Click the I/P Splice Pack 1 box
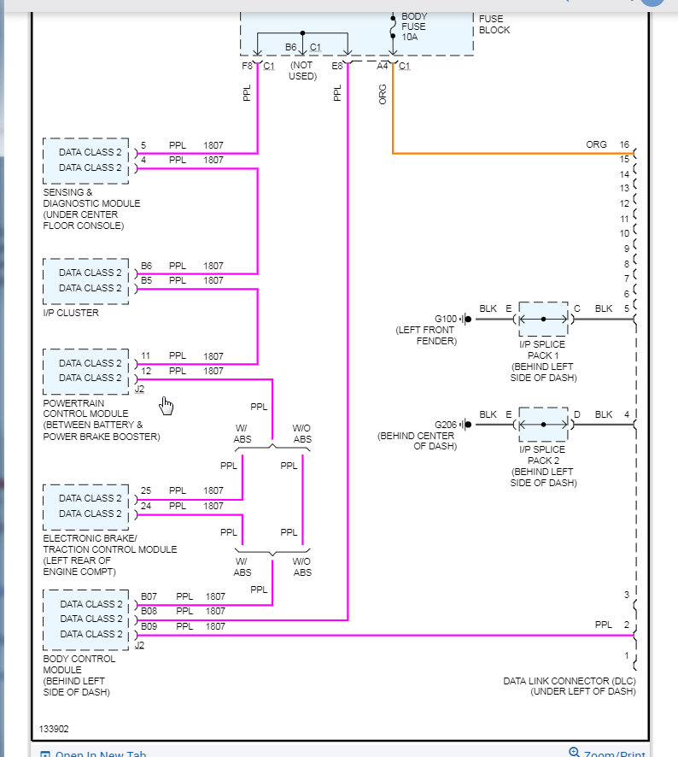point(543,319)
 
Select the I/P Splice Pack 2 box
point(543,424)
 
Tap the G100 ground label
point(446,320)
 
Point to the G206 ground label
point(446,425)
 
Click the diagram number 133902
point(54,730)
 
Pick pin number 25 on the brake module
point(146,491)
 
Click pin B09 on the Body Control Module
point(149,626)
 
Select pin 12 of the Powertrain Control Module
point(146,371)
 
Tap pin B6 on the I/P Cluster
point(147,266)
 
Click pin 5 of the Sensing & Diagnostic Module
point(143,145)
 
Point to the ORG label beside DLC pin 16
point(596,145)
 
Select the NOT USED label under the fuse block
point(303,71)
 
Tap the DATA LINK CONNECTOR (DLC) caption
point(570,681)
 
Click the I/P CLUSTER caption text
point(71,313)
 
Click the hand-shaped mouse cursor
point(166,405)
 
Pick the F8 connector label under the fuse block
point(248,66)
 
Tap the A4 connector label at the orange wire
point(383,66)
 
